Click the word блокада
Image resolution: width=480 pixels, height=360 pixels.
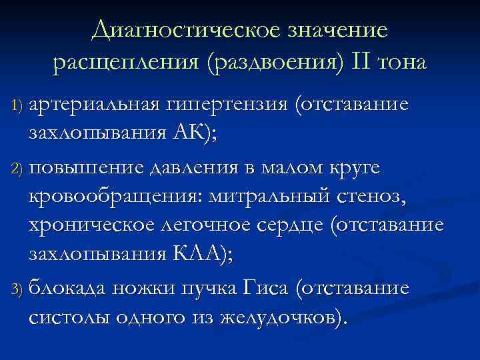pos(71,289)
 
